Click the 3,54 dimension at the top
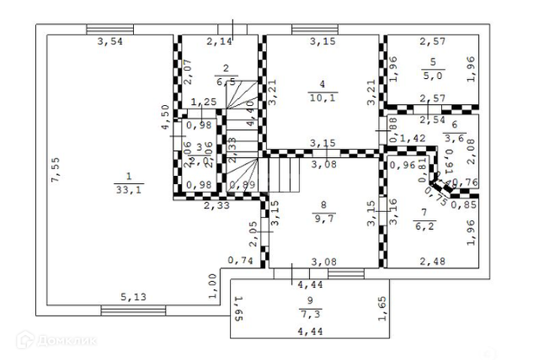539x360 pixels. point(110,41)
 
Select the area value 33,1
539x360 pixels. point(128,189)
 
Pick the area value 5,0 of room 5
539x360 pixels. point(428,75)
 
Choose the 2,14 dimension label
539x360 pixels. point(219,41)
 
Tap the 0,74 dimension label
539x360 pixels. point(240,261)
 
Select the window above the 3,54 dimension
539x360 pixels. point(110,30)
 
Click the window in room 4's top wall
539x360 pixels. point(313,30)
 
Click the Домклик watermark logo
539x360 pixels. point(65,340)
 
